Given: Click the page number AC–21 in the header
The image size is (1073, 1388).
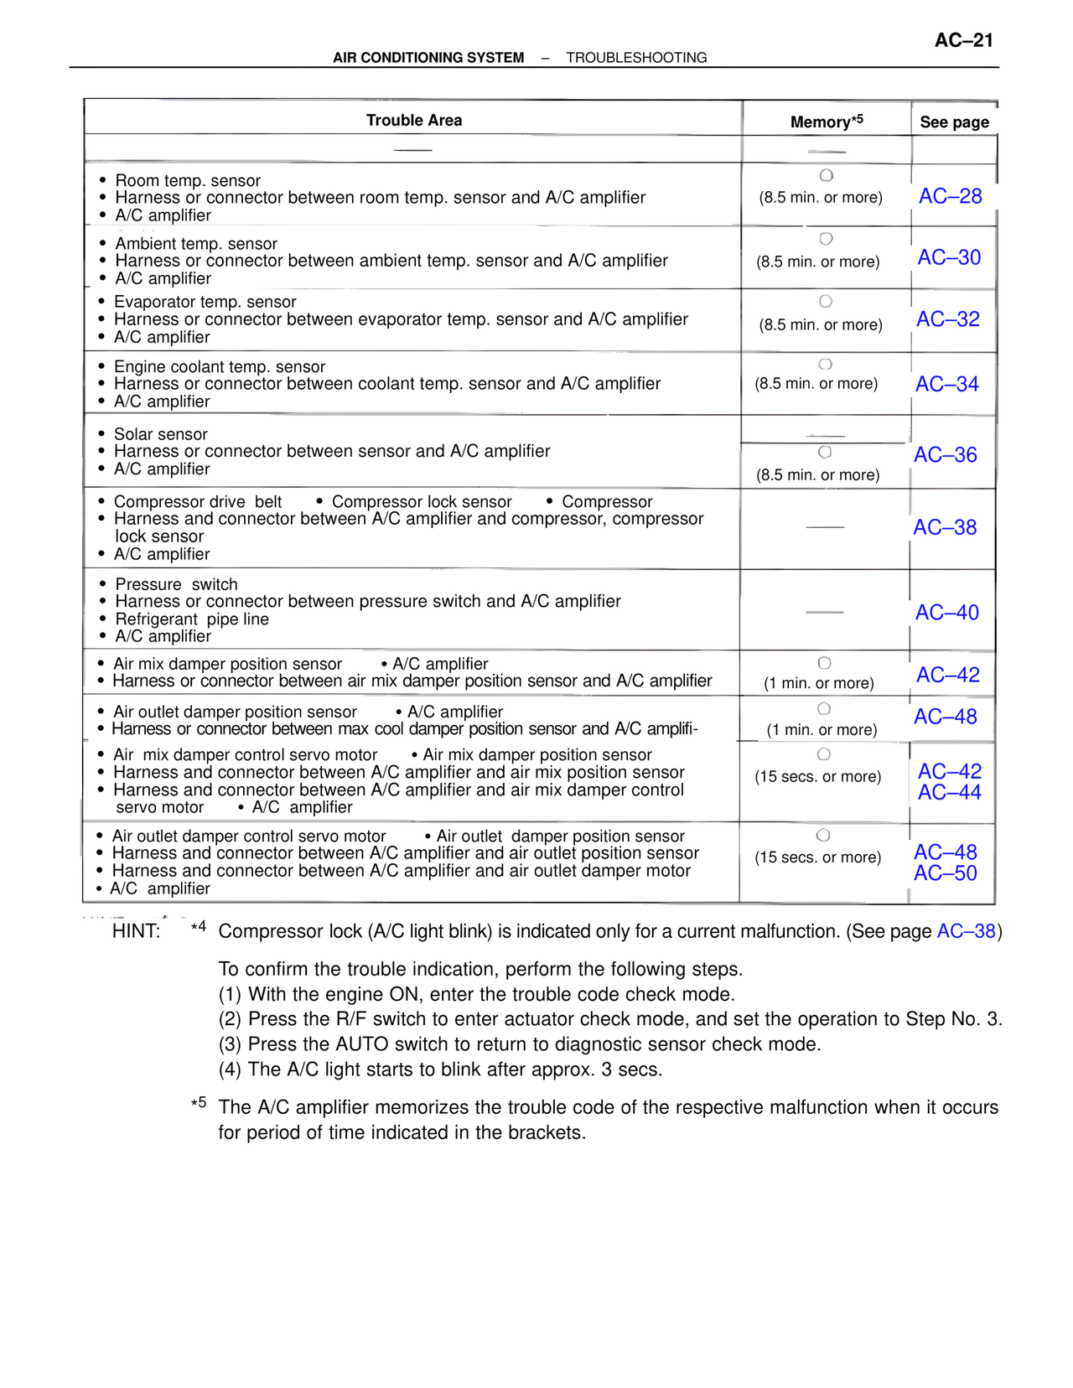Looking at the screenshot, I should (x=963, y=40).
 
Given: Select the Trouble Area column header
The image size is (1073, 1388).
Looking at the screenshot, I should (x=414, y=120).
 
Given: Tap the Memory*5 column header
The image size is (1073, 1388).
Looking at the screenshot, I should (x=826, y=122).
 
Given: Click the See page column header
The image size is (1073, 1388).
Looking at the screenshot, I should (x=954, y=122).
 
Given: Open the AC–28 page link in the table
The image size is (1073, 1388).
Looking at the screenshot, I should (x=950, y=196).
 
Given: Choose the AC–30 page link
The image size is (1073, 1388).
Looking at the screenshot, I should (x=949, y=257).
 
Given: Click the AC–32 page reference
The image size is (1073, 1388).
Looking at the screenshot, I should (x=947, y=319).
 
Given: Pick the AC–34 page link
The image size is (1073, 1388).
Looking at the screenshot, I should (x=946, y=384).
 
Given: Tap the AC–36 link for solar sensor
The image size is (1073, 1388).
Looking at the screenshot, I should (x=945, y=455).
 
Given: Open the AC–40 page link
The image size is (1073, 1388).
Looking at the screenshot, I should (x=946, y=613).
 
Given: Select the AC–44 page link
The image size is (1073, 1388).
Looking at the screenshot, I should (x=949, y=792).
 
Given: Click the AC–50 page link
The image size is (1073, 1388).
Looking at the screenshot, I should (x=945, y=873).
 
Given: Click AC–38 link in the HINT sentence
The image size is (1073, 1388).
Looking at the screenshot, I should (x=966, y=931).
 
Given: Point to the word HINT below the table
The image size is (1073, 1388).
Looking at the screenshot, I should (x=136, y=931).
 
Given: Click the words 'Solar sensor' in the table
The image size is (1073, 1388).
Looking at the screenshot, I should (x=160, y=434).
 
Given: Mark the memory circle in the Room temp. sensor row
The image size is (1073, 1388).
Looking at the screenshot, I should (x=826, y=175).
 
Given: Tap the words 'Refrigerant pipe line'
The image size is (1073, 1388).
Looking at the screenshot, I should (x=192, y=619).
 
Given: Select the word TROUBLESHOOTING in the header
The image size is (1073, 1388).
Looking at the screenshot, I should (x=636, y=58).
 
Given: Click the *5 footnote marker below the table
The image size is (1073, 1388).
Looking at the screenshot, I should (x=199, y=1103).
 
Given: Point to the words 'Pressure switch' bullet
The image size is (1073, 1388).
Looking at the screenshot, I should (x=176, y=584).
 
